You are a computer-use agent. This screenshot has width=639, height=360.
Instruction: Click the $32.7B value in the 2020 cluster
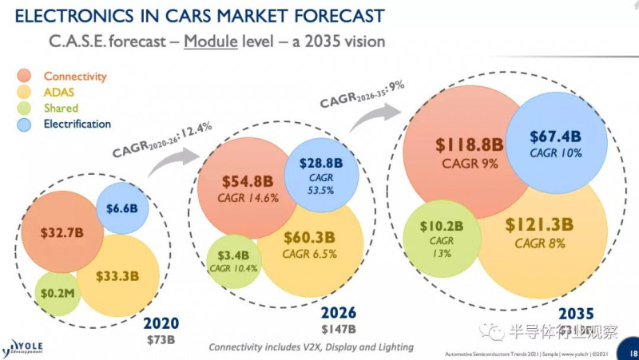point(62,234)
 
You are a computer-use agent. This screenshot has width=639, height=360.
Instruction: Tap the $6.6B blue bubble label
point(122,208)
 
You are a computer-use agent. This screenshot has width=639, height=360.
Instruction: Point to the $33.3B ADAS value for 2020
point(118,276)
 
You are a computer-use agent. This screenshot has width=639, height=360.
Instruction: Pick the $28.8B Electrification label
point(321,162)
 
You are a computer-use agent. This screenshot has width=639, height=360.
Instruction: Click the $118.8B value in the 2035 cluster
point(470,145)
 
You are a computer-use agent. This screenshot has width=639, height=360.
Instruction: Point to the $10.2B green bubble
point(442,225)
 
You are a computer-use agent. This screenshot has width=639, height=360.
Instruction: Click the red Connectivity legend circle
point(26,77)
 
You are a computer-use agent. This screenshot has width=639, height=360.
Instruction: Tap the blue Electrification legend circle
point(26,125)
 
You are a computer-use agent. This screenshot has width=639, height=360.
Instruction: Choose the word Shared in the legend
point(61,109)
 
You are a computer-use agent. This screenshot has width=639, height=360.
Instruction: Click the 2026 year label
point(338,312)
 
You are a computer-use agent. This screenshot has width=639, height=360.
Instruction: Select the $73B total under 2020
point(161,340)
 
